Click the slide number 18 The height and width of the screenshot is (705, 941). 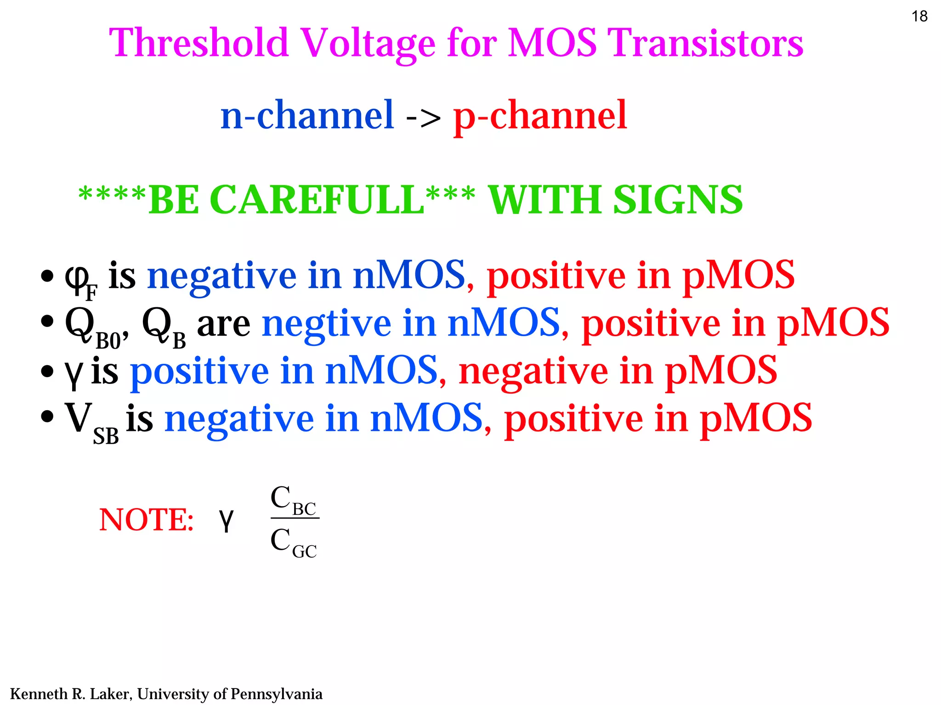(x=919, y=17)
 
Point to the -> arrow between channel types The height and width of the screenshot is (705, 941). (x=423, y=118)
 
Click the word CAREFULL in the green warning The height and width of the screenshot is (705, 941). (x=319, y=200)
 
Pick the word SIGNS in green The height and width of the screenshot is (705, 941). (x=678, y=200)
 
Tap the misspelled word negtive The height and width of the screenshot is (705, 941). (x=326, y=324)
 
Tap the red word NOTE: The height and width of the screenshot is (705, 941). (x=146, y=520)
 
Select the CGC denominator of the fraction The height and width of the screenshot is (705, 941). (x=293, y=542)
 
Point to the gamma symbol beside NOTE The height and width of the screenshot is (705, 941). (x=226, y=520)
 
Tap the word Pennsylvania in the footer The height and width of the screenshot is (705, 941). (x=276, y=694)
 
